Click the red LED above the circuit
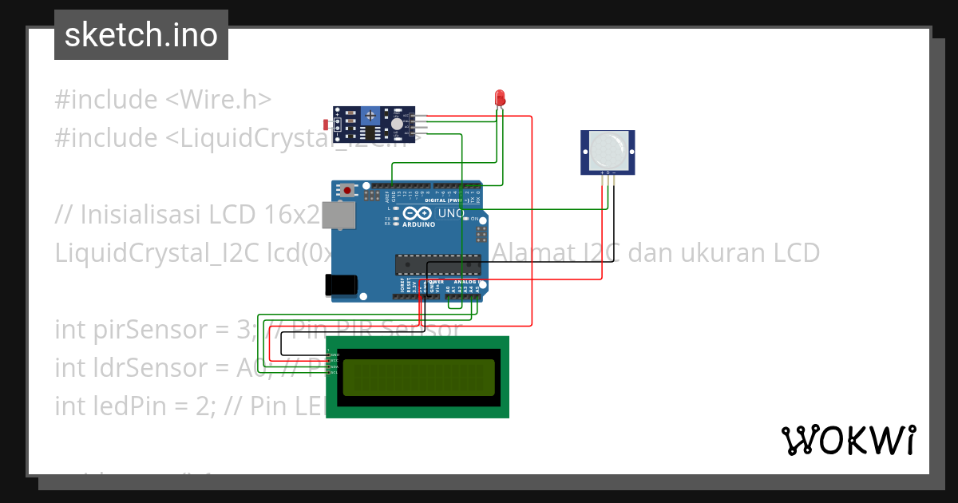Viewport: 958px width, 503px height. coord(501,98)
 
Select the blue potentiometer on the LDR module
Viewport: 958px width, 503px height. coord(370,117)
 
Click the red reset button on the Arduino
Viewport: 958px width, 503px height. coord(348,191)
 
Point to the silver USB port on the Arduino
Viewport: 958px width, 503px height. coord(344,216)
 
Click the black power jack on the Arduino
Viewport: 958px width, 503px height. coord(340,285)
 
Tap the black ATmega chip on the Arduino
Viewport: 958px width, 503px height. coord(438,263)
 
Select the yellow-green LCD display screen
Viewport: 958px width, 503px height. coord(417,377)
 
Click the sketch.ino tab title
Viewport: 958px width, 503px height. coord(141,35)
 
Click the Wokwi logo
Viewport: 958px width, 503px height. coord(848,440)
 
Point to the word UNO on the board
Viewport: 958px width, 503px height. coord(450,213)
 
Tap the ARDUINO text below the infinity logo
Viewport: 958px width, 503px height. coord(418,224)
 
